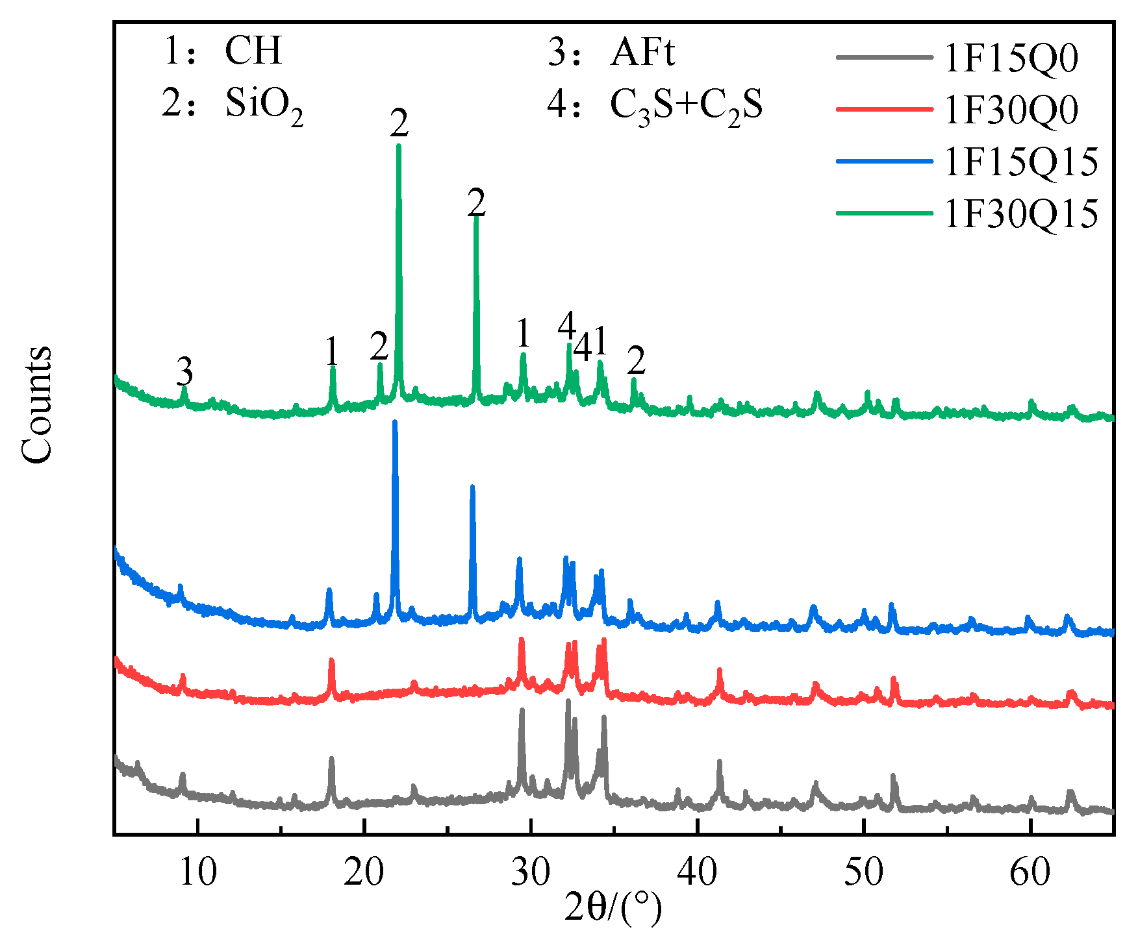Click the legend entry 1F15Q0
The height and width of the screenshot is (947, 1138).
pyautogui.click(x=1011, y=58)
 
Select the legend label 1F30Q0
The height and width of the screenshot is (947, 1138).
pyautogui.click(x=1011, y=110)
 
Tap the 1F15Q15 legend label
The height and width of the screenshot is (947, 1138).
pyautogui.click(x=1021, y=162)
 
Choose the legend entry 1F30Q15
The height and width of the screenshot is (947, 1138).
pyautogui.click(x=1021, y=214)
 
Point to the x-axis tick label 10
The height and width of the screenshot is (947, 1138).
pyautogui.click(x=197, y=873)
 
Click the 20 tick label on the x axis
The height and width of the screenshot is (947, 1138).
pyautogui.click(x=364, y=873)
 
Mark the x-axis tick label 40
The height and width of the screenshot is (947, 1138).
pyautogui.click(x=697, y=873)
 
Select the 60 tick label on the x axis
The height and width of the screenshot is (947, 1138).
pyautogui.click(x=1030, y=873)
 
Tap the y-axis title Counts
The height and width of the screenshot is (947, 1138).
pyautogui.click(x=36, y=405)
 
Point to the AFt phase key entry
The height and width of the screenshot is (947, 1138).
pyautogui.click(x=611, y=52)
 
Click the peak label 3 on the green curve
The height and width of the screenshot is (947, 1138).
pyautogui.click(x=185, y=372)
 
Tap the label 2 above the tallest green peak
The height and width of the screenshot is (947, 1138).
pyautogui.click(x=399, y=123)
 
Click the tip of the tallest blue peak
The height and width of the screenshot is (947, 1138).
pyautogui.click(x=394, y=422)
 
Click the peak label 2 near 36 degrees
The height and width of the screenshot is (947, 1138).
pyautogui.click(x=637, y=360)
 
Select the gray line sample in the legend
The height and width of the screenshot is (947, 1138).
pyautogui.click(x=884, y=57)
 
